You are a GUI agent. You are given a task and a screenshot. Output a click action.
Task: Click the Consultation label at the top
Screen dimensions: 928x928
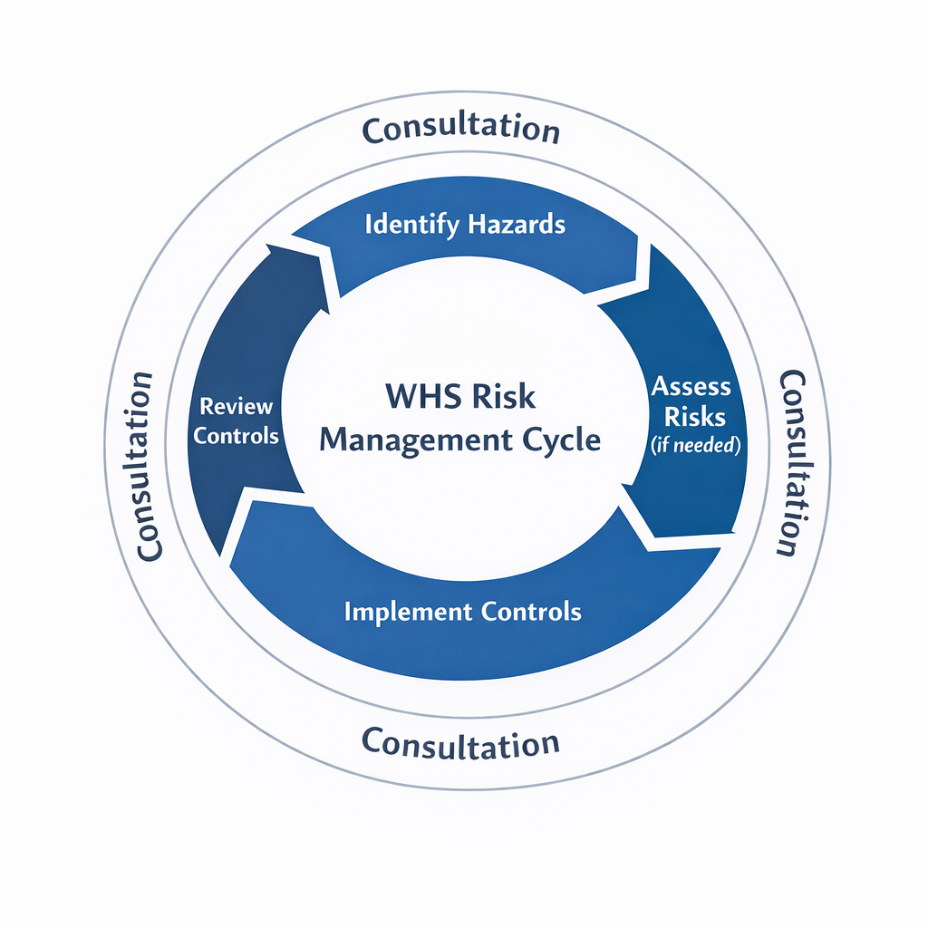pyautogui.click(x=460, y=130)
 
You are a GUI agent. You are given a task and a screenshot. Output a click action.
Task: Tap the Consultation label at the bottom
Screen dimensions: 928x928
pyautogui.click(x=460, y=743)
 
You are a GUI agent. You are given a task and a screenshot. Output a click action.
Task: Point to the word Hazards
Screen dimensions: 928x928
pyautogui.click(x=517, y=224)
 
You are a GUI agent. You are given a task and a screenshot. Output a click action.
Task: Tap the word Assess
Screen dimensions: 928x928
pyautogui.click(x=691, y=388)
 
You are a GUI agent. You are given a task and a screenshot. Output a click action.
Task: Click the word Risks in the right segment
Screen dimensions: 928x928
pyautogui.click(x=695, y=416)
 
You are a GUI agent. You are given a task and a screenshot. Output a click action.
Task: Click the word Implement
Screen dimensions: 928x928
pyautogui.click(x=403, y=611)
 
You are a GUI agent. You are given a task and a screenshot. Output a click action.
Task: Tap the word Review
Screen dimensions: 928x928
pyautogui.click(x=236, y=406)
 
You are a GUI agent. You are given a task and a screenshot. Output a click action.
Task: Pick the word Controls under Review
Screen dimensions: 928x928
pyautogui.click(x=236, y=435)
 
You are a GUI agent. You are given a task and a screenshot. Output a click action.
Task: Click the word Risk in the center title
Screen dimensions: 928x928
pyautogui.click(x=503, y=397)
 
